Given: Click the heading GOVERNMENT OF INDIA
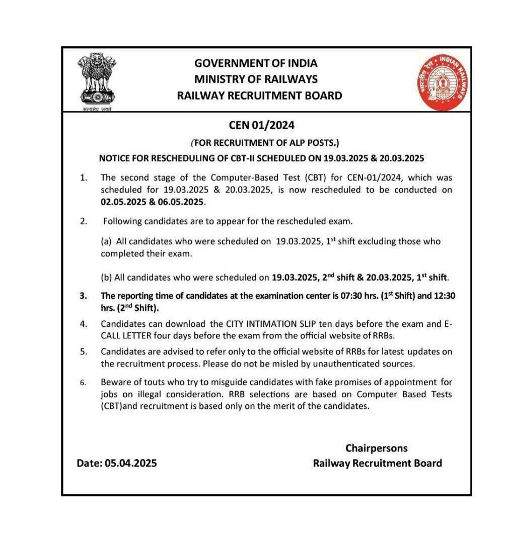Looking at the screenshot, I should coord(256,63).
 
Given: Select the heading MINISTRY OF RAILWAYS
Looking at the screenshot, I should coord(256,79).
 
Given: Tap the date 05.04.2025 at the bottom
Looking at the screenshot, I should coord(131,463).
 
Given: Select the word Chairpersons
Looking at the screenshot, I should coord(377,448).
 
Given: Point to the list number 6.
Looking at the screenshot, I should coord(83,382).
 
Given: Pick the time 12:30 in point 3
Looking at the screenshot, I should coord(445,296).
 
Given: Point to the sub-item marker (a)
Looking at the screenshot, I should coord(106,241).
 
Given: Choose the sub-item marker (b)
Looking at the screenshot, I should coord(106,277).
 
